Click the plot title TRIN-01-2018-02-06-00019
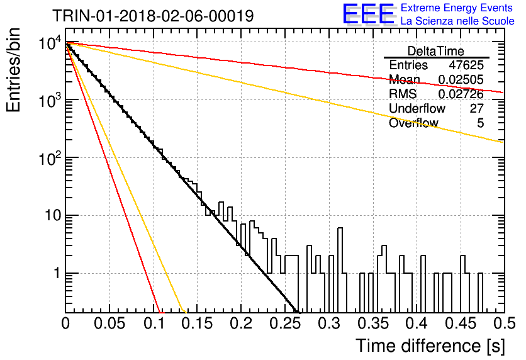[153, 16]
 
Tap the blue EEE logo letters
[368, 14]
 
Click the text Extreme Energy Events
[457, 8]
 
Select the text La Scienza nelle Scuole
[457, 21]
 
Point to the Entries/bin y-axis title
[13, 70]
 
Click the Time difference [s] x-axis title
[430, 346]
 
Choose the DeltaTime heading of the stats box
[436, 51]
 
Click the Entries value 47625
[466, 65]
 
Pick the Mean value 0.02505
[461, 79]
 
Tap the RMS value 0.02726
[461, 94]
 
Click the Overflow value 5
[480, 123]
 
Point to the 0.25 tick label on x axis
[284, 323]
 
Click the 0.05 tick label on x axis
[109, 323]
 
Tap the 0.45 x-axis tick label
[461, 323]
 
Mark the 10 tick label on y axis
[53, 215]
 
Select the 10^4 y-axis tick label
[50, 43]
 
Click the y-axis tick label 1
[57, 273]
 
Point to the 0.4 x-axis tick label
[417, 323]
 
